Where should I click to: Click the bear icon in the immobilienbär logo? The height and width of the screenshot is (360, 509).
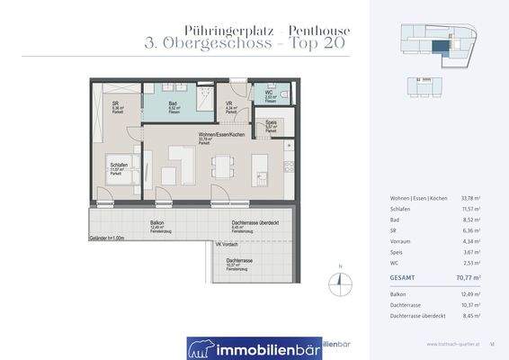coord(201,347)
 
